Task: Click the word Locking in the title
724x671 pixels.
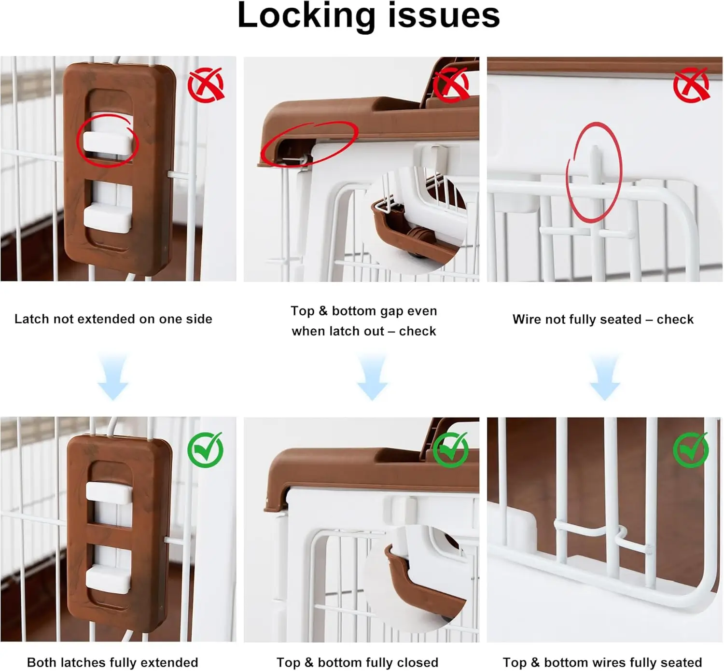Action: [x=306, y=16]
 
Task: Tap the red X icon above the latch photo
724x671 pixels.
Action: [x=206, y=84]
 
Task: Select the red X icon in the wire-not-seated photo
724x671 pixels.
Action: [x=692, y=84]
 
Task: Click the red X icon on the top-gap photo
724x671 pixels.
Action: [x=451, y=84]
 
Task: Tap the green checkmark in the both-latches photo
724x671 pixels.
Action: [x=206, y=449]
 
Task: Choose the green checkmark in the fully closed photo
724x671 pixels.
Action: [x=451, y=449]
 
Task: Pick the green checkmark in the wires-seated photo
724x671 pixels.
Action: [x=691, y=449]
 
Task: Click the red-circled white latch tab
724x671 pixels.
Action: [x=107, y=142]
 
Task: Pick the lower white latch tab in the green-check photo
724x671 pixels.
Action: [x=108, y=579]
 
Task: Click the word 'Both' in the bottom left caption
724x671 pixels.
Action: [x=41, y=663]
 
